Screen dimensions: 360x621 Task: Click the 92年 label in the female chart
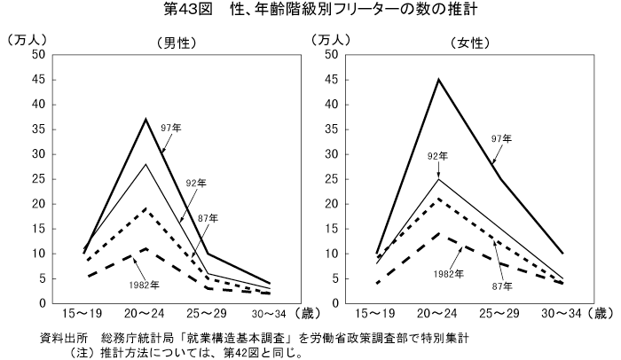click(x=437, y=156)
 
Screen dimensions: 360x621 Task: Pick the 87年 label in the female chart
click(x=502, y=286)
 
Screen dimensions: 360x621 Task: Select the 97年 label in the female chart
click(x=501, y=138)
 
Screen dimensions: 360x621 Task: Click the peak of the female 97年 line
click(x=438, y=80)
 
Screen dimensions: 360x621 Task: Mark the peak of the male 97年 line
click(x=145, y=119)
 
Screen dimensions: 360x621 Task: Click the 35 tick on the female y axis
click(x=331, y=129)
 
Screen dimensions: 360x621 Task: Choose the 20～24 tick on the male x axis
click(x=145, y=313)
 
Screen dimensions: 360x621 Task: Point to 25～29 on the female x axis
click(x=500, y=313)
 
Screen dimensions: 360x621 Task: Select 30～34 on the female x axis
click(x=562, y=313)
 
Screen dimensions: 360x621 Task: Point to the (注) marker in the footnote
click(x=69, y=351)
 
